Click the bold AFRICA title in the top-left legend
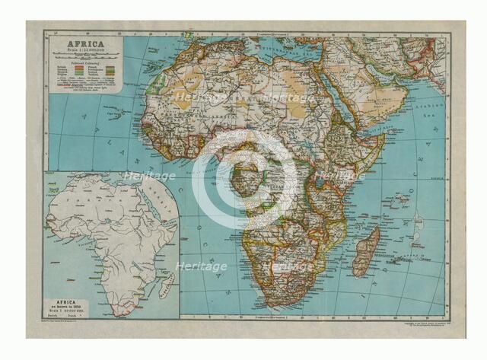pyautogui.click(x=85, y=43)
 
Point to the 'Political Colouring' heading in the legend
pyautogui.click(x=84, y=62)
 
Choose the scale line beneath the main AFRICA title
pyautogui.click(x=84, y=50)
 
